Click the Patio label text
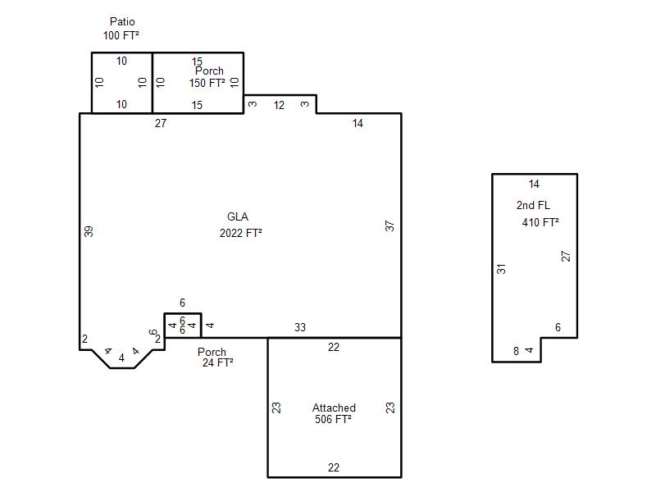pyautogui.click(x=122, y=21)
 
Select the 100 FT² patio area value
pyautogui.click(x=121, y=35)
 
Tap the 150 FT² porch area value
pyautogui.click(x=207, y=83)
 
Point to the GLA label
pyautogui.click(x=238, y=216)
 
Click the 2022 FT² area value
pyautogui.click(x=240, y=233)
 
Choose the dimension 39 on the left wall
pyautogui.click(x=89, y=231)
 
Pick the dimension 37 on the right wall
pyautogui.click(x=389, y=226)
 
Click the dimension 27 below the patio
pyautogui.click(x=161, y=123)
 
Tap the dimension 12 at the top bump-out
pyautogui.click(x=279, y=105)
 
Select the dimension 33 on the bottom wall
pyautogui.click(x=300, y=327)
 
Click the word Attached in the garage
pyautogui.click(x=334, y=408)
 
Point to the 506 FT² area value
pyautogui.click(x=333, y=419)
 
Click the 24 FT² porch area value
pyautogui.click(x=217, y=362)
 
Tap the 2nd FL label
pyautogui.click(x=533, y=205)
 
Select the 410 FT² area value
pyautogui.click(x=540, y=222)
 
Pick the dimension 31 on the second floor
pyautogui.click(x=501, y=269)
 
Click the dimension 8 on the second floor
pyautogui.click(x=517, y=351)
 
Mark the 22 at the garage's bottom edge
pyautogui.click(x=334, y=467)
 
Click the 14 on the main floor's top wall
pyautogui.click(x=358, y=123)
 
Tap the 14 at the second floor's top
pyautogui.click(x=534, y=184)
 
